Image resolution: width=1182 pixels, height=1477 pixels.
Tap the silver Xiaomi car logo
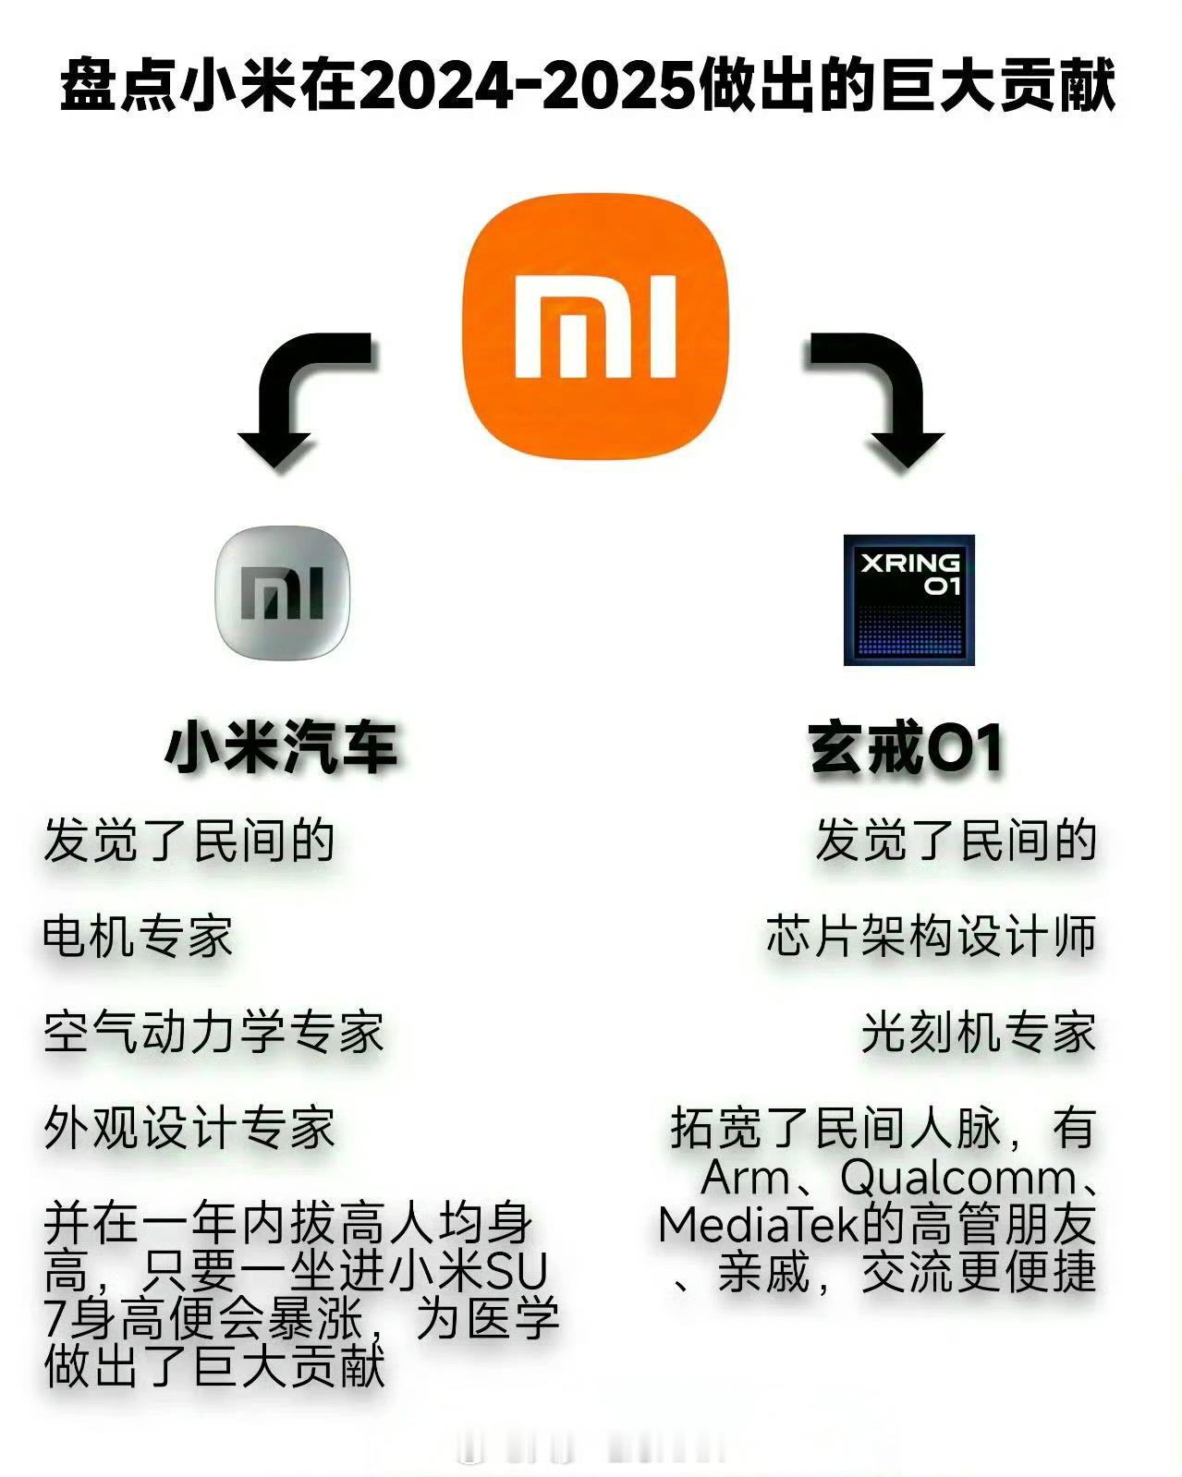(282, 593)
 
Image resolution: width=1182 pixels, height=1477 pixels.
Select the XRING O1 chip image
(908, 599)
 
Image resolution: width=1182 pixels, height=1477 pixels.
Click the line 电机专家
(138, 937)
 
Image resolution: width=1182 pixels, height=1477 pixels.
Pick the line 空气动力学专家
(213, 1033)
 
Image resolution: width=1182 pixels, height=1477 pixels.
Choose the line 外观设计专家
(189, 1128)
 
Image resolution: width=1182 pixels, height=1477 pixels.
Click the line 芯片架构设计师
(931, 937)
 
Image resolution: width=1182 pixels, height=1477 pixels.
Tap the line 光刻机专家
(979, 1033)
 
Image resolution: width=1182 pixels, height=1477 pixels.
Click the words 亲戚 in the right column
(763, 1272)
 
